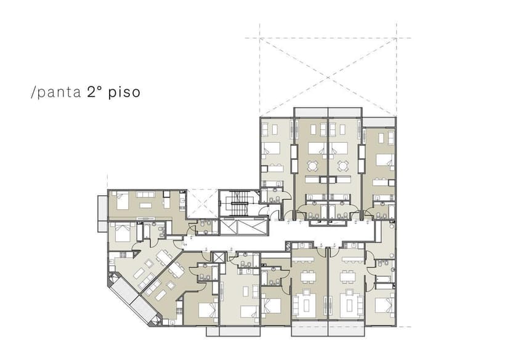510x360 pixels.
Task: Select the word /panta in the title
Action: [x=55, y=94]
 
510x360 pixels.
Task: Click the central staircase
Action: [x=238, y=202]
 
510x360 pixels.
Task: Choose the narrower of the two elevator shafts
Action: [x=217, y=257]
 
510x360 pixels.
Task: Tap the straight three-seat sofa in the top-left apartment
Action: [x=145, y=194]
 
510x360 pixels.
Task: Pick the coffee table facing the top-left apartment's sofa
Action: [x=145, y=204]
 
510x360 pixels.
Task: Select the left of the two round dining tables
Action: [x=312, y=166]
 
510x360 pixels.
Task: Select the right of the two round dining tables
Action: [x=342, y=166]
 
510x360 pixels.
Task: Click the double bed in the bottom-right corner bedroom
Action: [x=384, y=305]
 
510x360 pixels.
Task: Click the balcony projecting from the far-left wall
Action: [x=102, y=214]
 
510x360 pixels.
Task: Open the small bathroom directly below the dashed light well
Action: [x=204, y=227]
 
